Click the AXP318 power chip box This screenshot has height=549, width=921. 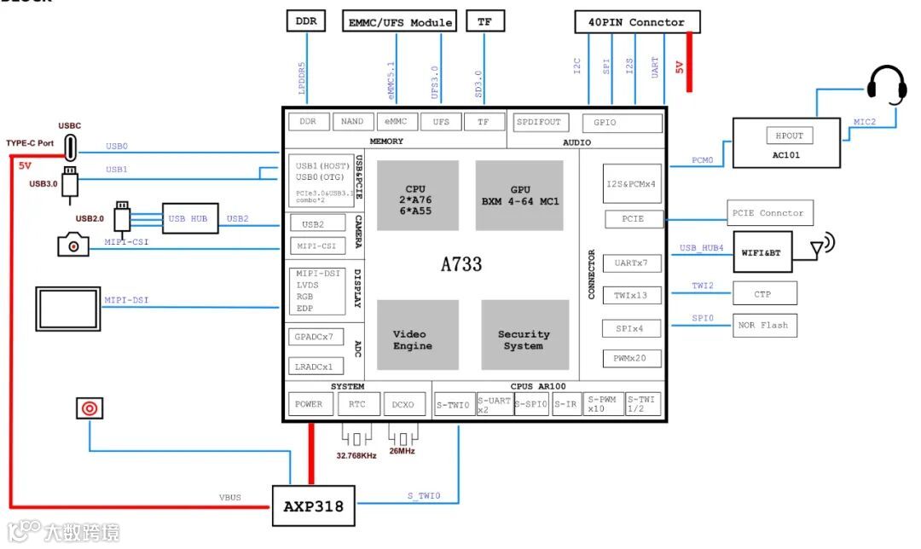pos(313,506)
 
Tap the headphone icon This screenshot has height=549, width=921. pos(886,85)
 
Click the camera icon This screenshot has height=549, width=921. pos(73,245)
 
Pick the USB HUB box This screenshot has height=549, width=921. pos(190,219)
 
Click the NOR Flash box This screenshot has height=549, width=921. pos(765,325)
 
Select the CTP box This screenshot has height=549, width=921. pos(764,294)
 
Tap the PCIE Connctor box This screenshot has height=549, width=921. pos(770,213)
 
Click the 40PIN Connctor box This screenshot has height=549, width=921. pos(637,22)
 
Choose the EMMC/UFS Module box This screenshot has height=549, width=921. pos(400,22)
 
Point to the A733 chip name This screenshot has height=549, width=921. pos(461,264)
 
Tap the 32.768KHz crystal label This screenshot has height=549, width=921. pos(356,456)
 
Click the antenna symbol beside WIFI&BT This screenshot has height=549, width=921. pos(820,246)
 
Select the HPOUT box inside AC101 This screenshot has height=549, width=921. pos(790,136)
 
